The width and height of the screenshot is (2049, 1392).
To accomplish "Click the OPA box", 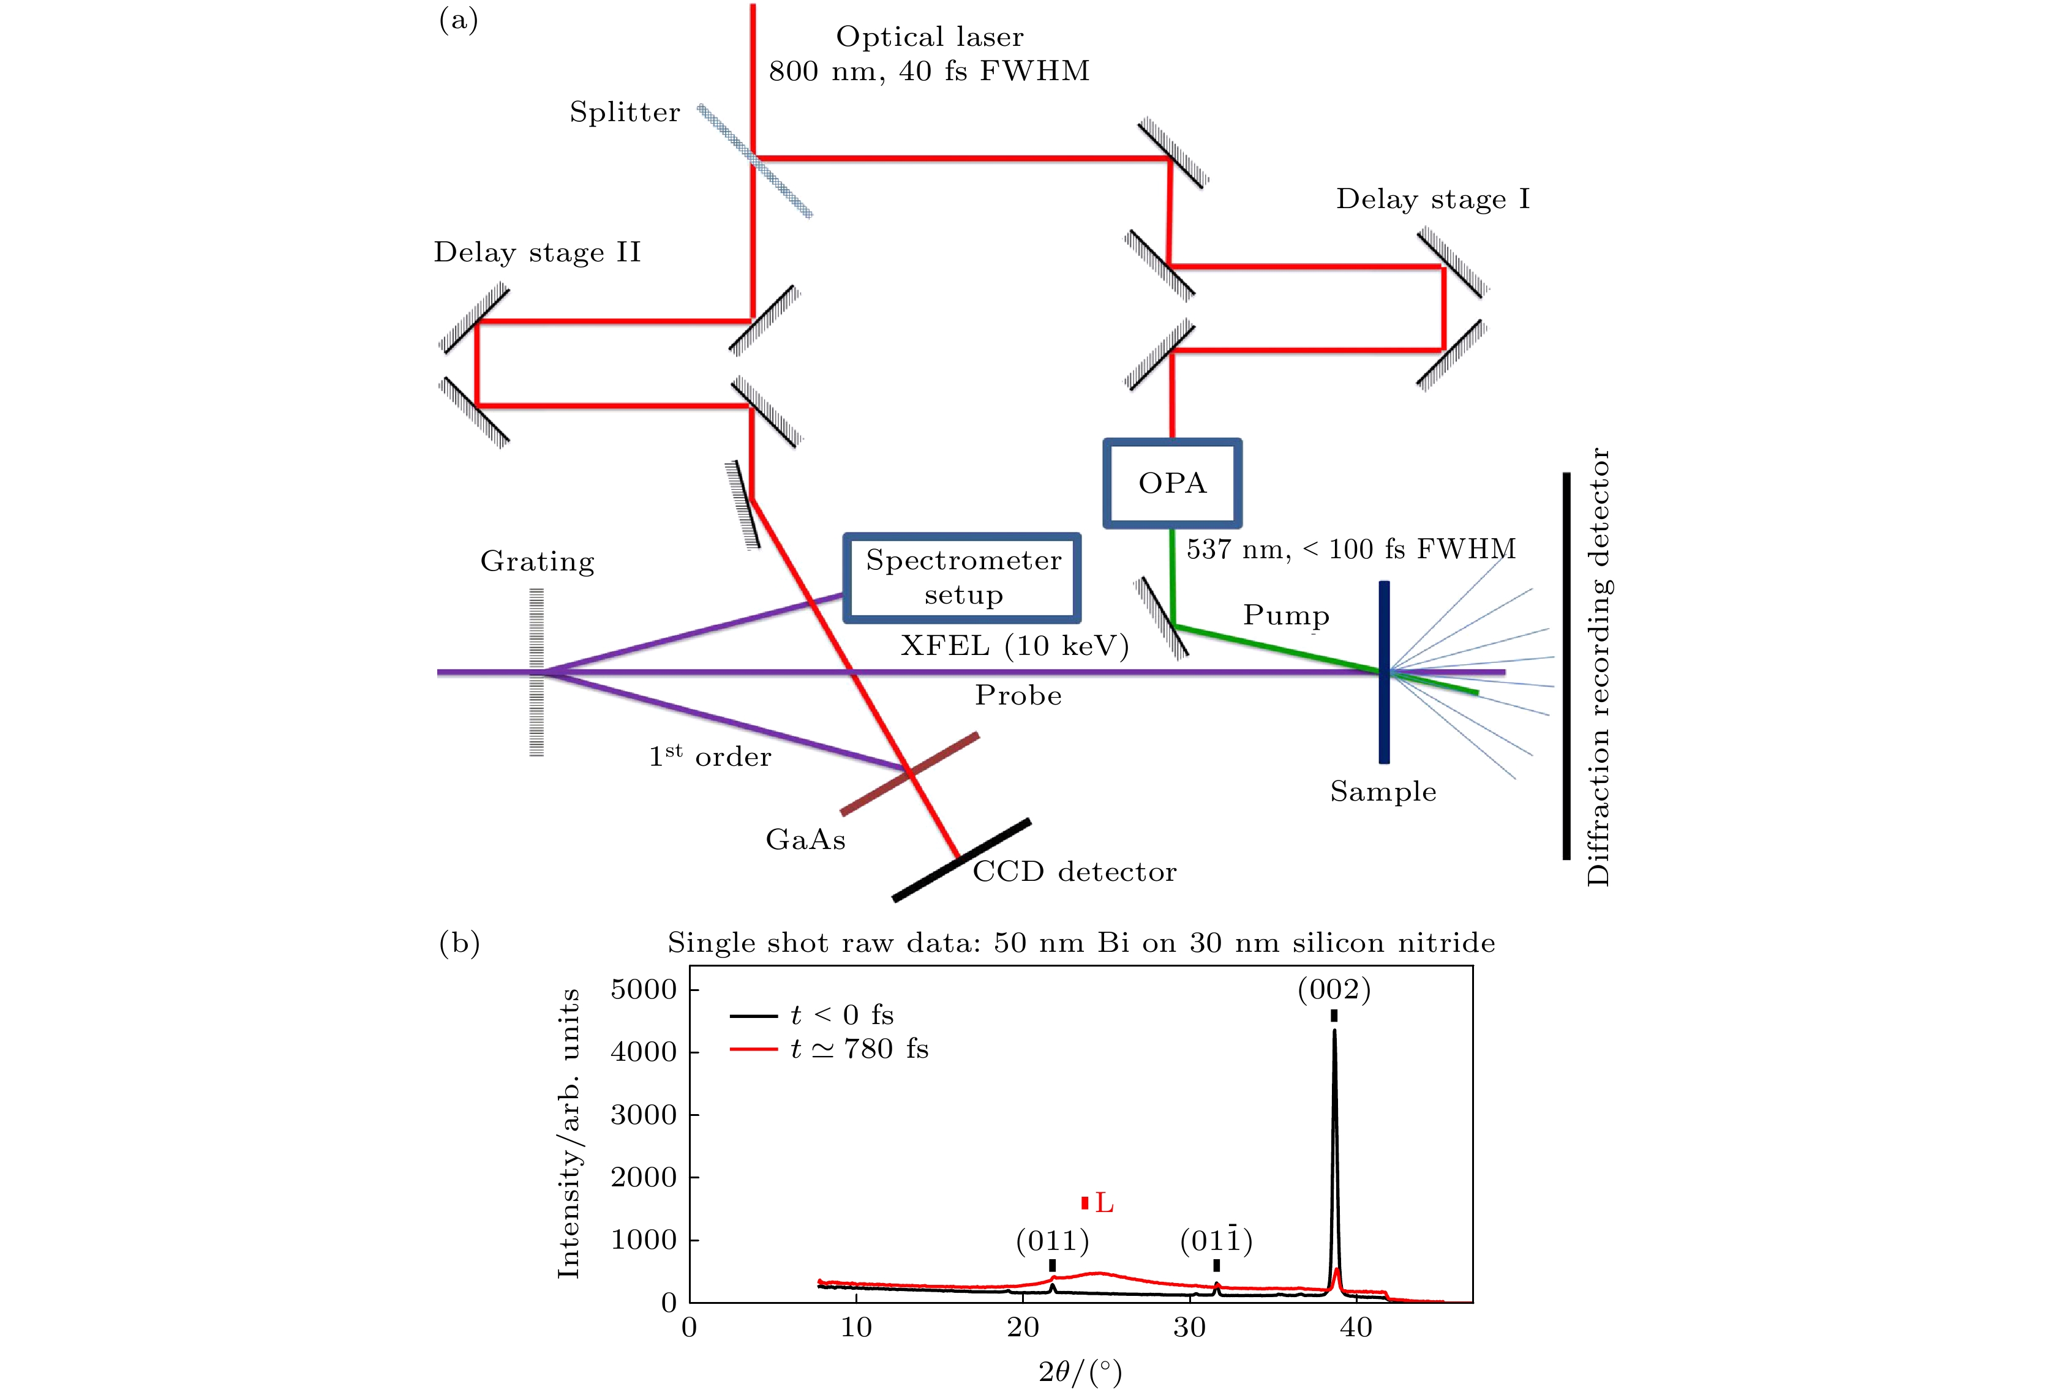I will click(x=1171, y=483).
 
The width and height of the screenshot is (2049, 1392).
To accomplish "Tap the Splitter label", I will click(x=624, y=112).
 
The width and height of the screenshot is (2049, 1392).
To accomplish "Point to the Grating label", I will click(x=537, y=561).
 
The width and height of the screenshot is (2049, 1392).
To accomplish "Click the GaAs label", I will click(x=805, y=839).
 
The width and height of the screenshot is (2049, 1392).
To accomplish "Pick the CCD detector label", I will click(x=1074, y=872).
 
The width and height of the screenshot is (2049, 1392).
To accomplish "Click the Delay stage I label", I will click(x=1433, y=198).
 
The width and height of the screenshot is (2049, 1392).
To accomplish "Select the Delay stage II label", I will click(x=537, y=252).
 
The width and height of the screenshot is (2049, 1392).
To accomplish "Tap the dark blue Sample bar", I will click(x=1384, y=672).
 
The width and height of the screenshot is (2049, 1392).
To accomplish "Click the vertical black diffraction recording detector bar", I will click(x=1566, y=665).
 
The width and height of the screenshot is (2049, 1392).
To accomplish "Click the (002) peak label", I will click(x=1334, y=990).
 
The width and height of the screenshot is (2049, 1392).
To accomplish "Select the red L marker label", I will click(x=1103, y=1202).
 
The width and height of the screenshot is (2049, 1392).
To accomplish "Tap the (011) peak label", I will click(x=1052, y=1241).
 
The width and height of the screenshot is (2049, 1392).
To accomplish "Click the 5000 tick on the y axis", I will click(x=644, y=989).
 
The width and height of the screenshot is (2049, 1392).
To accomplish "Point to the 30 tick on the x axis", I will click(x=1189, y=1327).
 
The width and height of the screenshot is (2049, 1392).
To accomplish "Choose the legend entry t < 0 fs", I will click(x=842, y=1016).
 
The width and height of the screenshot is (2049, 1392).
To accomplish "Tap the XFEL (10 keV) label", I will click(x=1015, y=646).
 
